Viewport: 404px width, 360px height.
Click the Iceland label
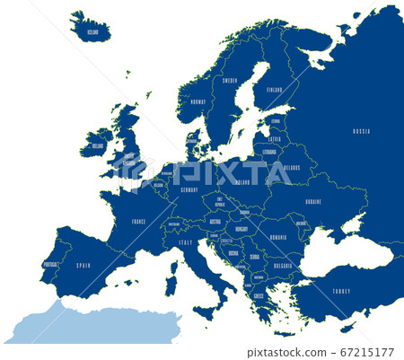(92, 32)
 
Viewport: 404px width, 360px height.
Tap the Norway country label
(198, 101)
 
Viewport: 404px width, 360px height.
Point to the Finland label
(274, 90)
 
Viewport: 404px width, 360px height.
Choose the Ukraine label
(313, 201)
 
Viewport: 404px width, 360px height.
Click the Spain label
(83, 267)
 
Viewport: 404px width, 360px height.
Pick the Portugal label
(50, 264)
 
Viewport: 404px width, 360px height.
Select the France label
(136, 219)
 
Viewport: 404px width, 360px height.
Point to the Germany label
(189, 190)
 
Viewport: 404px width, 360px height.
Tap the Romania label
(277, 238)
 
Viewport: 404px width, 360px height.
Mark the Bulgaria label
(283, 266)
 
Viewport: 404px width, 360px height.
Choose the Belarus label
(292, 168)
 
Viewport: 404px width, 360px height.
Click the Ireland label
(98, 144)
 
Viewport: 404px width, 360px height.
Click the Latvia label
(274, 139)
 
